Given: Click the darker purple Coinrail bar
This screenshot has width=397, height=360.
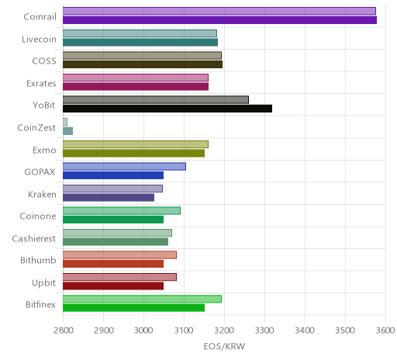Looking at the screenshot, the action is pos(219,20).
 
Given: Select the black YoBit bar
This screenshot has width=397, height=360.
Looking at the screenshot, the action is pos(167,109).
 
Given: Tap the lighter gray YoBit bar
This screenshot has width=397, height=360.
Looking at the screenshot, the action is pos(156,99).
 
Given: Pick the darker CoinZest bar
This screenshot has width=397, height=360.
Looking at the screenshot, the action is pos(67,131).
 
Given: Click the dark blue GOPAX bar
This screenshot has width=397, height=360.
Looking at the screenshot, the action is pos(113,175).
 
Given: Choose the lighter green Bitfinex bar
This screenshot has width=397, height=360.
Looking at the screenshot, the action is pos(142,299).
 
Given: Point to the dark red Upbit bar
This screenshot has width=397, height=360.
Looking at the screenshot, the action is pos(113,286).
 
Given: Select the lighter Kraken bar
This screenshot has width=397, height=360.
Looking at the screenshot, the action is pos(112,189).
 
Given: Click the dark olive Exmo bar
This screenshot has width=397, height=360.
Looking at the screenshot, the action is pos(133,153).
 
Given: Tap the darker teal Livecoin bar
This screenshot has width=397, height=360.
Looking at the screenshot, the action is pos(140,42).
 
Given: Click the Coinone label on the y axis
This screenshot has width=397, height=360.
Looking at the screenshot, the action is pos(38,216).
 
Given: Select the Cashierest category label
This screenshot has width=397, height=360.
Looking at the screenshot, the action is pos(34,238).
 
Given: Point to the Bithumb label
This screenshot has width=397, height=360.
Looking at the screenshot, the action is pos(38,260).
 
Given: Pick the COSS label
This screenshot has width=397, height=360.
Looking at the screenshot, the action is pos(44,61).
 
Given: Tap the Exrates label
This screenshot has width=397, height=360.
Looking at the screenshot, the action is pos(41,83).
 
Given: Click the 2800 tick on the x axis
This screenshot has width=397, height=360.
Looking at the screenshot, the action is pos(64,331).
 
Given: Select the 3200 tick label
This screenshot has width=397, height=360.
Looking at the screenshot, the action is pos(224,331).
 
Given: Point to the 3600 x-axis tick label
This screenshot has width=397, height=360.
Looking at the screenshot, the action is pos(385,331).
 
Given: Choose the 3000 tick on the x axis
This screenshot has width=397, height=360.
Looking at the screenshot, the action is pos(143,331).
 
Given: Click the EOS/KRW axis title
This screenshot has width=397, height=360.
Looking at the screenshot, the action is pos(224,346).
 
